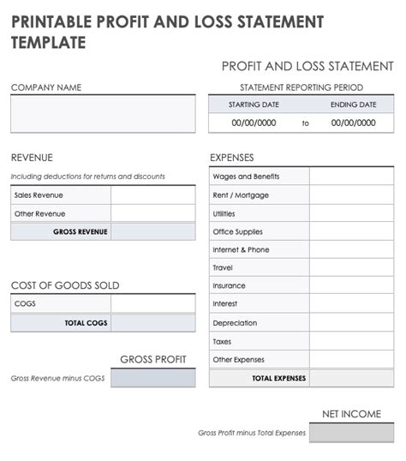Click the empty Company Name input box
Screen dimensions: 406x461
point(103,113)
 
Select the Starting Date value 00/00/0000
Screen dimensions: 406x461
point(254,123)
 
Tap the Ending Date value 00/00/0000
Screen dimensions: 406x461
point(353,123)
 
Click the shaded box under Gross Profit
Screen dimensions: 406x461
point(152,377)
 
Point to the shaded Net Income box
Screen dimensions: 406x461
point(351,433)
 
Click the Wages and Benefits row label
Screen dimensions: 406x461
point(246,177)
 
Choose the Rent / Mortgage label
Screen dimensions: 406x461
point(241,195)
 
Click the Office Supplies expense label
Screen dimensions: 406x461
point(237,231)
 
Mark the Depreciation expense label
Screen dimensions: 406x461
point(235,323)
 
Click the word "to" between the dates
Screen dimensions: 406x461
point(305,124)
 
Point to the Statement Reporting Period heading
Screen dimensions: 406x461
point(302,87)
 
